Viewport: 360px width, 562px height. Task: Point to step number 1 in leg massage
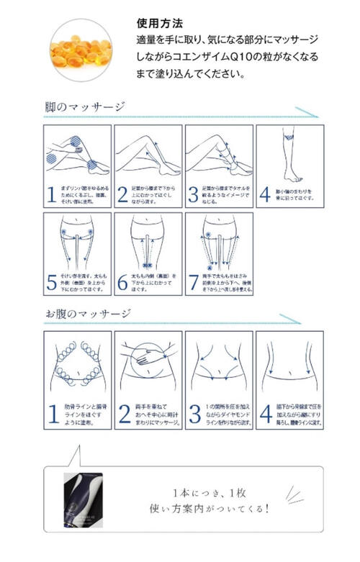coord(52,194)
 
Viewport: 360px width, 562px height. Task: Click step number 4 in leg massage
coord(264,194)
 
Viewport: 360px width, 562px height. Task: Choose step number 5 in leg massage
coord(52,283)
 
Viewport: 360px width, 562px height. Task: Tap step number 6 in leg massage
coord(122,283)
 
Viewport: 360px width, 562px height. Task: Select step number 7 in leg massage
coord(193,283)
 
